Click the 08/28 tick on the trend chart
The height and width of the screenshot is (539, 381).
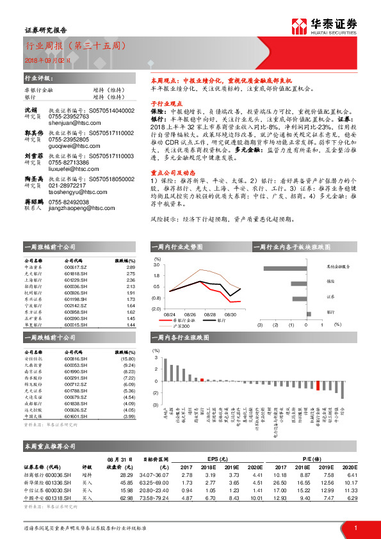click(209, 314)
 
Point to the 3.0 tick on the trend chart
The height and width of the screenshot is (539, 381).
click(157, 264)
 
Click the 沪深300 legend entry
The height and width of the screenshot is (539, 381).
click(188, 326)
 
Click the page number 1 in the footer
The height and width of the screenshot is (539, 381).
click(355, 527)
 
